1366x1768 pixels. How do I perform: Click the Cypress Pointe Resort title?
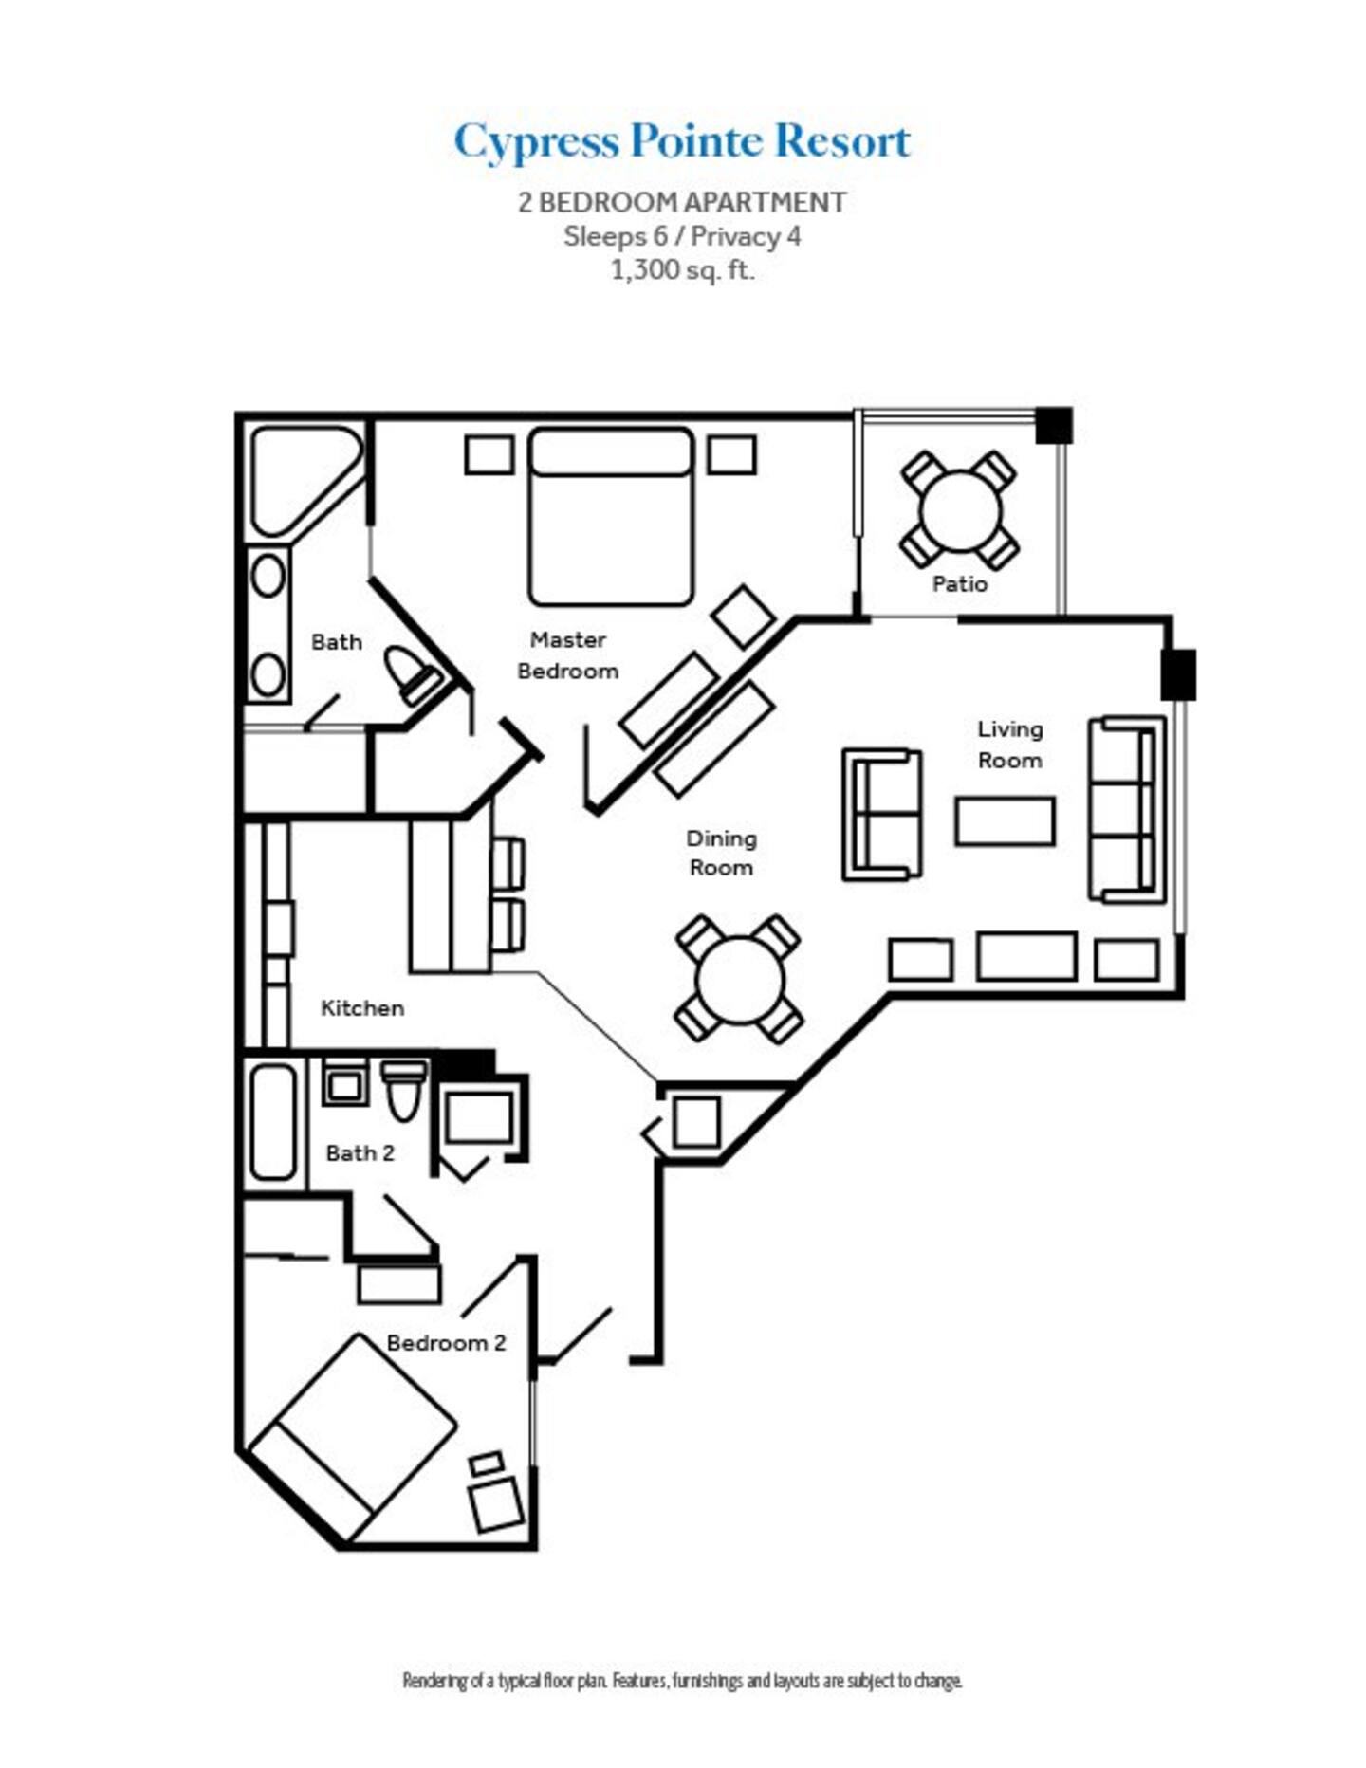tap(682, 142)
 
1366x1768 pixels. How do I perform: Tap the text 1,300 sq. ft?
tap(682, 270)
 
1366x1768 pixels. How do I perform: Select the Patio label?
tap(959, 584)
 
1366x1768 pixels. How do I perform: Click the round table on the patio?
tap(959, 510)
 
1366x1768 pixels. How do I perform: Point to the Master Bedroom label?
tap(567, 655)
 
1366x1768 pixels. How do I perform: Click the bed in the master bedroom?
tap(611, 517)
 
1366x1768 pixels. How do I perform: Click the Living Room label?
tap(1009, 745)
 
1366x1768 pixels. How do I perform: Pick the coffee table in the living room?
tap(1005, 821)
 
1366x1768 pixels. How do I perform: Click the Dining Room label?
tap(721, 853)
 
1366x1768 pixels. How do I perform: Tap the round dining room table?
tap(739, 980)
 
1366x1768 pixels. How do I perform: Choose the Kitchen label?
tap(362, 1008)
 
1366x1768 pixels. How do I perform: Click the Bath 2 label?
tap(360, 1153)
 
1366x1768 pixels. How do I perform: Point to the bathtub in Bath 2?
tap(273, 1122)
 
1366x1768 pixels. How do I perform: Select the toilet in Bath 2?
tap(404, 1090)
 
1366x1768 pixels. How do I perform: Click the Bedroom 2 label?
tap(446, 1343)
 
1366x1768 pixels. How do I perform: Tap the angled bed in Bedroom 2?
tap(352, 1438)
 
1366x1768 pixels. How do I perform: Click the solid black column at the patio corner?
tap(1053, 425)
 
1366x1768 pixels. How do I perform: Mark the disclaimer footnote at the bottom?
tap(682, 1682)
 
